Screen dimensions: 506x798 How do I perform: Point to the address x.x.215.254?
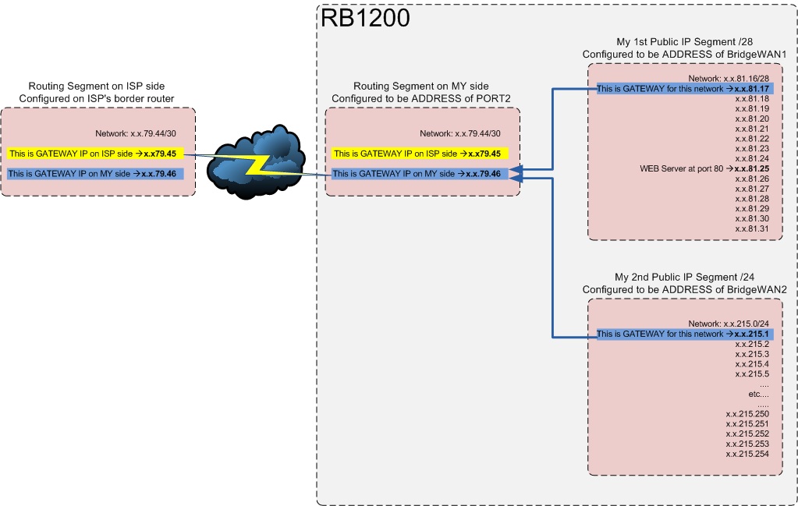tap(747, 454)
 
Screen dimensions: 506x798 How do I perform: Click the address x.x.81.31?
tap(752, 228)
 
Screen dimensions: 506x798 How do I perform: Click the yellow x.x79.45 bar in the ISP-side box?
tap(97, 154)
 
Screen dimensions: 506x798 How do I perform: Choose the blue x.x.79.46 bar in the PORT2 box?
tap(421, 174)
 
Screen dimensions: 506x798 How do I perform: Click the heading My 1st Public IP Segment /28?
tap(683, 42)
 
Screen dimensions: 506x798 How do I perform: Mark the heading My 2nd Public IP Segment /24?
tap(683, 278)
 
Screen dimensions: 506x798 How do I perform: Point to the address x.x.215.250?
tap(747, 413)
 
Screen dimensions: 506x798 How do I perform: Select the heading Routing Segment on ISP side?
tap(97, 86)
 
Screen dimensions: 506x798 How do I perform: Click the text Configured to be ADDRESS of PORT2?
tap(421, 98)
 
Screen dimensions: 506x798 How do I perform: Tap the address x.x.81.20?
tap(752, 119)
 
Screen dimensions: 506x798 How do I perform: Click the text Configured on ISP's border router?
tap(97, 98)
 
